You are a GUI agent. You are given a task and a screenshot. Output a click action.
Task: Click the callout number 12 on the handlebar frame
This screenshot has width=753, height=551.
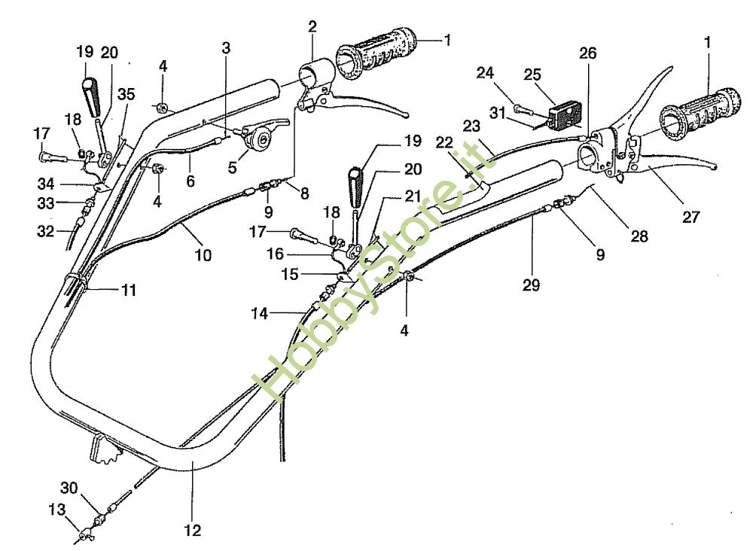pyautogui.click(x=192, y=531)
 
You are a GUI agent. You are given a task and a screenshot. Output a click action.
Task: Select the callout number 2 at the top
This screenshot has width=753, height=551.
pyautogui.click(x=312, y=27)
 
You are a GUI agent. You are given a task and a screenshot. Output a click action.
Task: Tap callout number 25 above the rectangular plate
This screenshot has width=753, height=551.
pyautogui.click(x=532, y=75)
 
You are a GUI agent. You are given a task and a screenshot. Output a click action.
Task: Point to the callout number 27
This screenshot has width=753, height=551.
pyautogui.click(x=691, y=218)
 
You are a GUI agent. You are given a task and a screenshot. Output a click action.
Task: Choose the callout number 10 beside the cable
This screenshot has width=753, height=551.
pyautogui.click(x=203, y=254)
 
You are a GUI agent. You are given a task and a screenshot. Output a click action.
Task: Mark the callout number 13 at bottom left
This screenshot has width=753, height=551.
pyautogui.click(x=57, y=510)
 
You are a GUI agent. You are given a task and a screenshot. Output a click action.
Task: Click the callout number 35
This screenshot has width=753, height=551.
pyautogui.click(x=127, y=94)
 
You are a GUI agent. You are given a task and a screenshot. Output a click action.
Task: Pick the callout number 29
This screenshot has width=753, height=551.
pyautogui.click(x=531, y=286)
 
